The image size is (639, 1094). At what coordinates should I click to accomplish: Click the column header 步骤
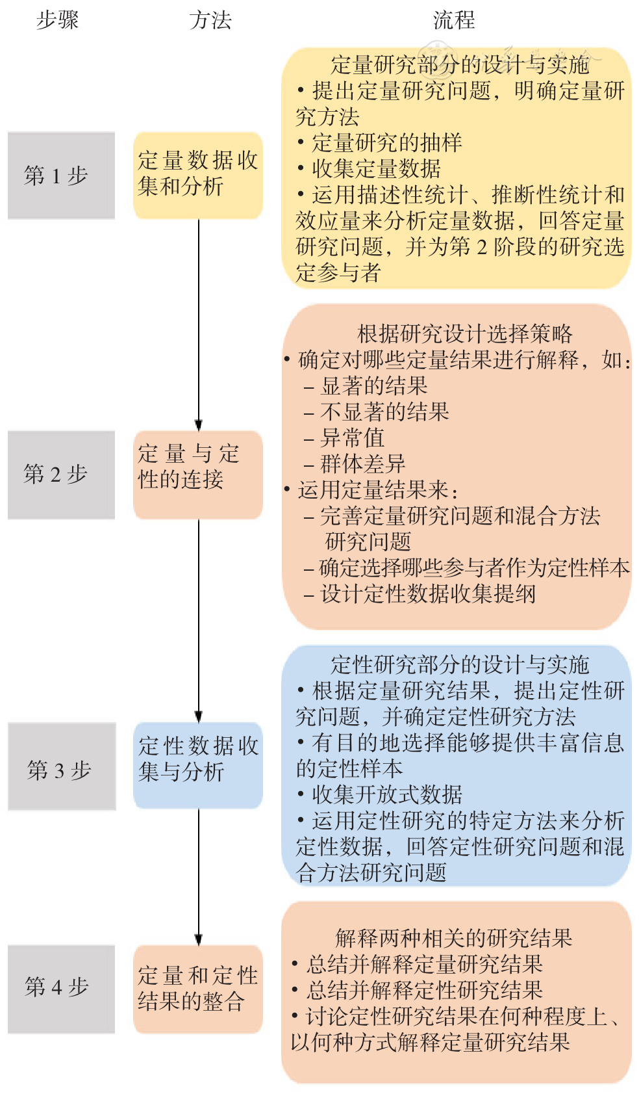[58, 21]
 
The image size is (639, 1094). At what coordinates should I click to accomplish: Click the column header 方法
[210, 21]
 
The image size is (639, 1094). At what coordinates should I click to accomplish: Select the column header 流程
[454, 21]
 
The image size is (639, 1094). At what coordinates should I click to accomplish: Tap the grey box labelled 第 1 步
[62, 176]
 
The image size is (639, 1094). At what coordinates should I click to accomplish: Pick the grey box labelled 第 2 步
[62, 475]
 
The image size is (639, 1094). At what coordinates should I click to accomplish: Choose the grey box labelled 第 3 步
[62, 766]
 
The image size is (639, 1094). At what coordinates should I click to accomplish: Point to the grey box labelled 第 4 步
[62, 989]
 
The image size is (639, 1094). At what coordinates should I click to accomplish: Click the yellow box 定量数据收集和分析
[198, 176]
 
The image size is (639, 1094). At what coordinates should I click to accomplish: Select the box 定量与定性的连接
[198, 475]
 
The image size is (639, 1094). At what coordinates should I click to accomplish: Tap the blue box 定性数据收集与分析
[198, 765]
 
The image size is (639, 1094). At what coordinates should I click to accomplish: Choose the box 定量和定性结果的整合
[198, 989]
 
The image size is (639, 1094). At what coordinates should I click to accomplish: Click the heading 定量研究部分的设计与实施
[460, 64]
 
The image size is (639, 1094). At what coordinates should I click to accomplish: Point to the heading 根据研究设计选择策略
[465, 334]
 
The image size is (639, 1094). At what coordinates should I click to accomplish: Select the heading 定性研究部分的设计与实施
[460, 665]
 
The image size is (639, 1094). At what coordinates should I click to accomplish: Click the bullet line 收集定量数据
[370, 169]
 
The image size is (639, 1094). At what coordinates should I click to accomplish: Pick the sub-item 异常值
[344, 437]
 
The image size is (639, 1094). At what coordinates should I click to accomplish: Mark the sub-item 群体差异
[355, 463]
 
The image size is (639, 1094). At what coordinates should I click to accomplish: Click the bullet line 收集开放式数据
[380, 794]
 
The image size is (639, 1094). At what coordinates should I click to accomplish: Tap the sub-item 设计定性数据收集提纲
[420, 594]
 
